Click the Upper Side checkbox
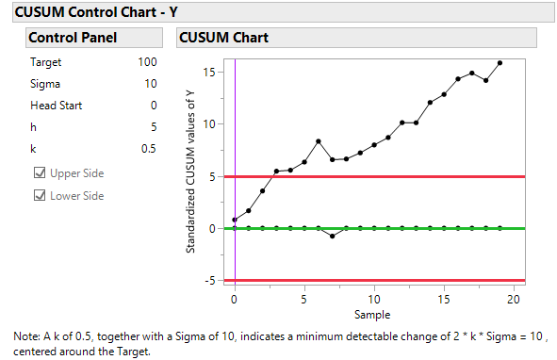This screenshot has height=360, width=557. (x=40, y=173)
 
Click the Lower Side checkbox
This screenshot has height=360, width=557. (x=40, y=195)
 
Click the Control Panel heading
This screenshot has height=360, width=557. (x=73, y=38)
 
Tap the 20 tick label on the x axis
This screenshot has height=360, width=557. (x=514, y=298)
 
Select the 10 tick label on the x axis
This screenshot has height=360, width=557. (x=374, y=298)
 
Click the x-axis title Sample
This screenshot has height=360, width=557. (x=374, y=314)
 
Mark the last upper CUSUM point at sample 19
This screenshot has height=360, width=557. (x=500, y=63)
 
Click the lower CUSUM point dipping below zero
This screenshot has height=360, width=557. (x=333, y=236)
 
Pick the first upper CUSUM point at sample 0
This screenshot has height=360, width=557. (x=235, y=220)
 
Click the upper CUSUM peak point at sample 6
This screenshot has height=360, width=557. (x=319, y=141)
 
